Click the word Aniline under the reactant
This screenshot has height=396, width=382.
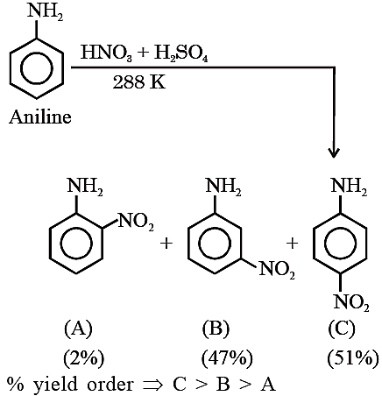[40, 117]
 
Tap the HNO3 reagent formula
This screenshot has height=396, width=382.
[106, 53]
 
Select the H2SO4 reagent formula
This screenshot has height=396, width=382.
[180, 53]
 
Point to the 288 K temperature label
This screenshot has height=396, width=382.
[139, 82]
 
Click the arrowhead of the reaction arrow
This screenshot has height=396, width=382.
[334, 153]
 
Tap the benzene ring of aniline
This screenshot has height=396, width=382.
[37, 68]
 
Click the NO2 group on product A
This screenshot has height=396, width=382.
[135, 223]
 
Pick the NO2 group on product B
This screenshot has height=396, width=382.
[277, 270]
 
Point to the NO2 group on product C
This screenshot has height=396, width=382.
[351, 302]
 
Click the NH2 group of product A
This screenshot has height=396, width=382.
[85, 186]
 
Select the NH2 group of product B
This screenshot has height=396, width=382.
[223, 186]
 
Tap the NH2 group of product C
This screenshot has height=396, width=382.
[349, 186]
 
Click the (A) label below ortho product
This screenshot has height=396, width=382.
[78, 329]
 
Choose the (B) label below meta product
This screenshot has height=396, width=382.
[216, 329]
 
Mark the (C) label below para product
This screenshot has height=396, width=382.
[342, 329]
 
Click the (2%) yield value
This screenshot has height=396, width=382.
[84, 358]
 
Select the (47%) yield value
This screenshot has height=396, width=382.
[227, 358]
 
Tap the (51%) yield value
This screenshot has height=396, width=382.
[353, 358]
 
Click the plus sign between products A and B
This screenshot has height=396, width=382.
[166, 244]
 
